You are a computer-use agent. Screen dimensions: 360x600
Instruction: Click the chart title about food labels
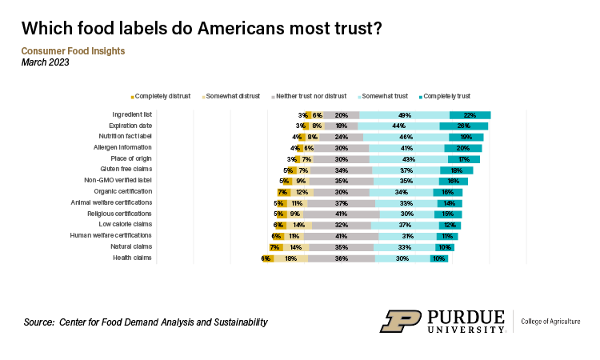(202, 29)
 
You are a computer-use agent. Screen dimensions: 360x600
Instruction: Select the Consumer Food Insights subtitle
(73, 51)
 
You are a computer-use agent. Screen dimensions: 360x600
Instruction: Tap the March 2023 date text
(45, 63)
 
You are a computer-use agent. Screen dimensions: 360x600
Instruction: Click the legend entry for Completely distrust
(162, 95)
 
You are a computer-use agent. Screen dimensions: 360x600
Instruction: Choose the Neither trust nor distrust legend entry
(310, 95)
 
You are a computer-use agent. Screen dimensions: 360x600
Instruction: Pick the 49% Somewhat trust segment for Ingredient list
(405, 115)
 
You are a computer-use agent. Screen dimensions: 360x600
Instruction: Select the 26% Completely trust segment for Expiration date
(464, 126)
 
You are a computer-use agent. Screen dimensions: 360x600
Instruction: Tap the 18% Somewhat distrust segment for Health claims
(291, 258)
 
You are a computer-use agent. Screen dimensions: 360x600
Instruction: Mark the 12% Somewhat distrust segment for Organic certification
(301, 192)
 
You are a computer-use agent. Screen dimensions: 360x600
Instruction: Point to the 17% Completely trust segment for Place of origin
(463, 159)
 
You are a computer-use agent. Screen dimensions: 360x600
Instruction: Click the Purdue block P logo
(400, 321)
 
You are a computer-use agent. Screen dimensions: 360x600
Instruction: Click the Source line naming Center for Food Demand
(146, 322)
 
